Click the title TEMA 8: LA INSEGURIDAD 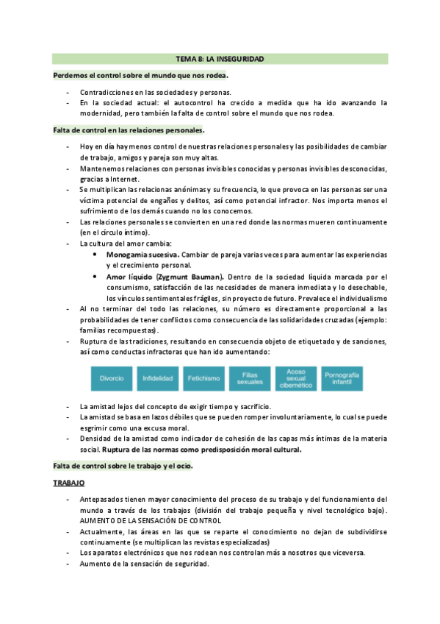[x=220, y=58]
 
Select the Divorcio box [x=112, y=378]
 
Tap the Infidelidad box [x=157, y=378]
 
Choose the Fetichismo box [x=203, y=378]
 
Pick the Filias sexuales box [x=250, y=378]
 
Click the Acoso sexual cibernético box [x=295, y=378]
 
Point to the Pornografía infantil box [x=342, y=378]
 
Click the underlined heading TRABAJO [x=69, y=483]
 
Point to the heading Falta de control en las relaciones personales [x=118, y=130]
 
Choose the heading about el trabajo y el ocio [x=123, y=467]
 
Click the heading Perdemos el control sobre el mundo [x=140, y=75]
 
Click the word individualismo [x=358, y=298]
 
